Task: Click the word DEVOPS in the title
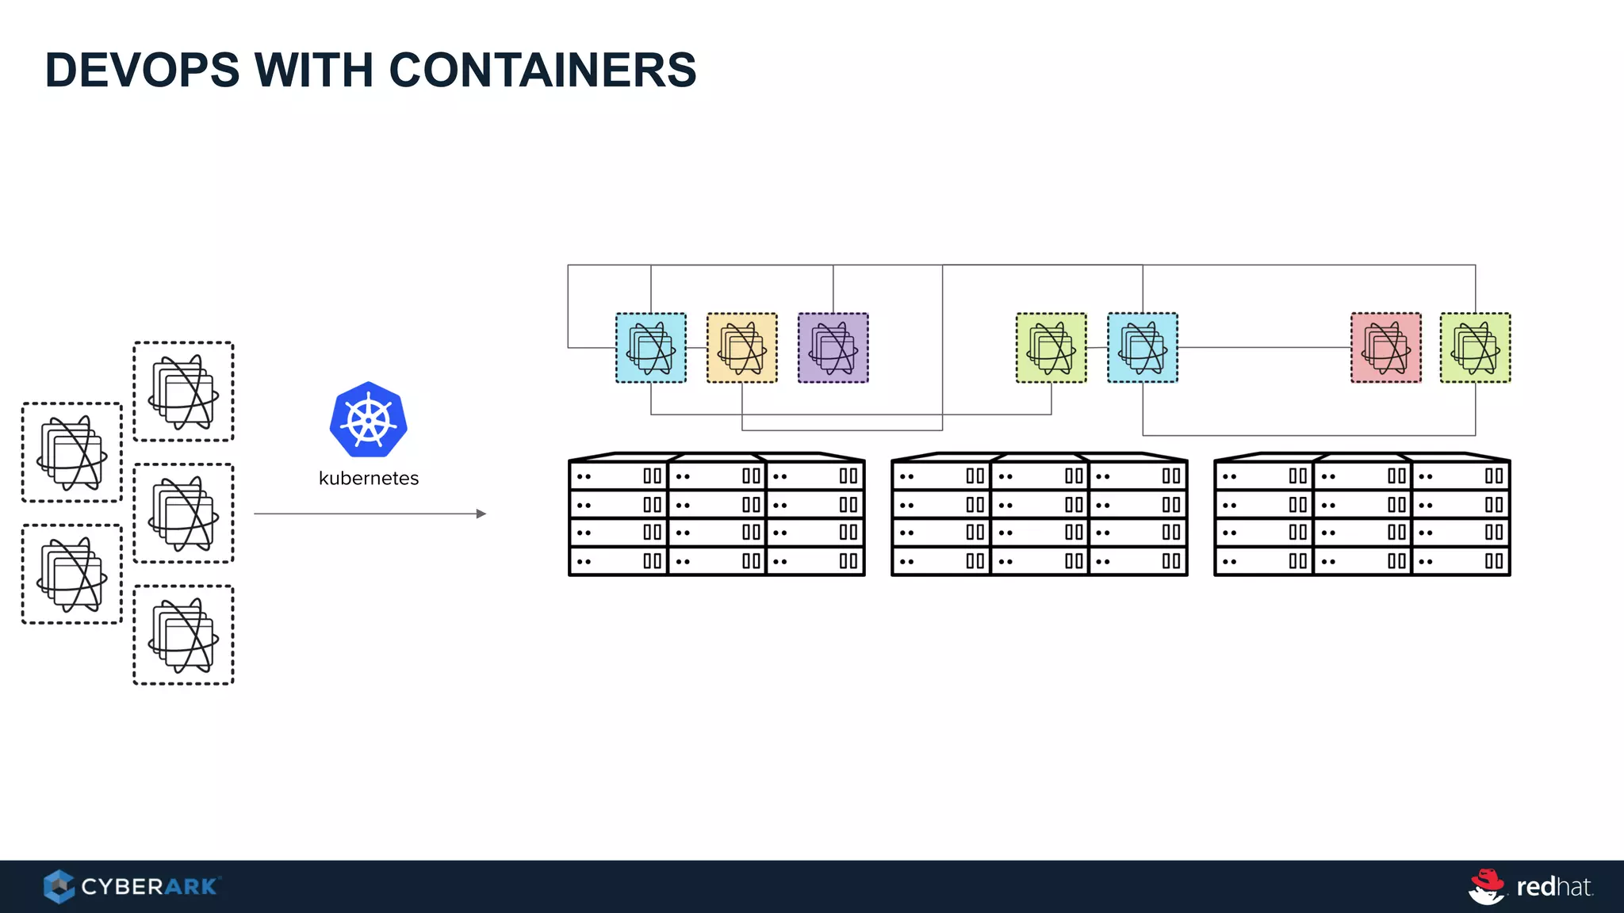[142, 70]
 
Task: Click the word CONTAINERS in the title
[542, 70]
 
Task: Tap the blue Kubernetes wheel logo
[369, 419]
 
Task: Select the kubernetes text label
[369, 478]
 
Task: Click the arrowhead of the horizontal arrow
[481, 514]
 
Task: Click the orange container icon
[741, 348]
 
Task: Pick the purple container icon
[833, 348]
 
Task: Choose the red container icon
[1385, 348]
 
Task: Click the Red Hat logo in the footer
[1530, 886]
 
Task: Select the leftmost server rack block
[716, 515]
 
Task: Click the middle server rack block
[1039, 515]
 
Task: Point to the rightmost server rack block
[1362, 515]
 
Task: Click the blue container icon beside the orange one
[651, 348]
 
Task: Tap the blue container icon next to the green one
[1142, 348]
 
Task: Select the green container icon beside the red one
[1475, 348]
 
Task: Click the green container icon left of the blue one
[1051, 348]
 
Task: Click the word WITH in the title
[314, 70]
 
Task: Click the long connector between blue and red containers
[1265, 347]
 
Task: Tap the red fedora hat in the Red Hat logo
[1488, 879]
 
